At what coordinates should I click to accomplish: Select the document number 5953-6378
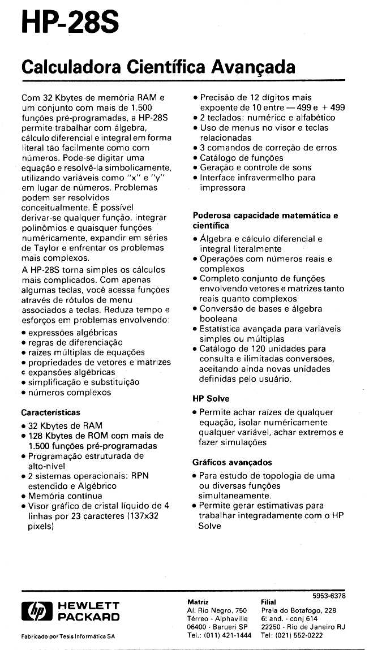pyautogui.click(x=329, y=596)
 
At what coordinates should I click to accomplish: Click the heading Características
pyautogui.click(x=50, y=412)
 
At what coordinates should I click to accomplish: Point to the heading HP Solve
pyautogui.click(x=211, y=399)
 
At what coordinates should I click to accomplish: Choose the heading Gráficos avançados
pyautogui.click(x=232, y=462)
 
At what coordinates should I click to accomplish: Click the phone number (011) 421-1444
pyautogui.click(x=228, y=635)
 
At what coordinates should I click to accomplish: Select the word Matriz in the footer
pyautogui.click(x=198, y=602)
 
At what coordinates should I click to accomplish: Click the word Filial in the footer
pyautogui.click(x=268, y=602)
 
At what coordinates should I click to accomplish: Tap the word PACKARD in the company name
pyautogui.click(x=89, y=617)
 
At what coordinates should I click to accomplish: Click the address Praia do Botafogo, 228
pyautogui.click(x=299, y=611)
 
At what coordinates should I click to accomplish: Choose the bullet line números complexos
pyautogui.click(x=69, y=393)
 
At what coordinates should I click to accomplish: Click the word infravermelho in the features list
pyautogui.click(x=263, y=178)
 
